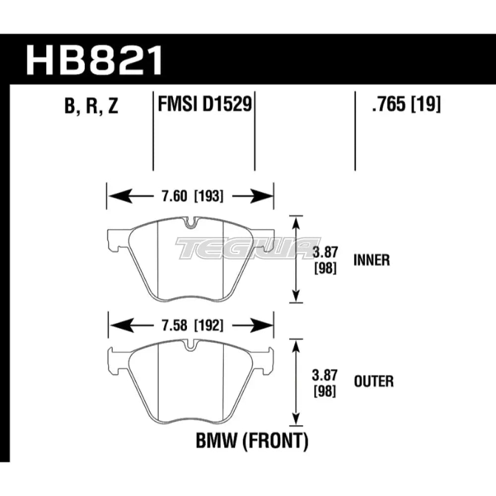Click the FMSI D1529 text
point(203,105)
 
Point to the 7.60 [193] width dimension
point(190,196)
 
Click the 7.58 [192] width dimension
point(190,326)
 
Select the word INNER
point(372,260)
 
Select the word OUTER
point(373,381)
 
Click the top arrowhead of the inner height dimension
point(297,223)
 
